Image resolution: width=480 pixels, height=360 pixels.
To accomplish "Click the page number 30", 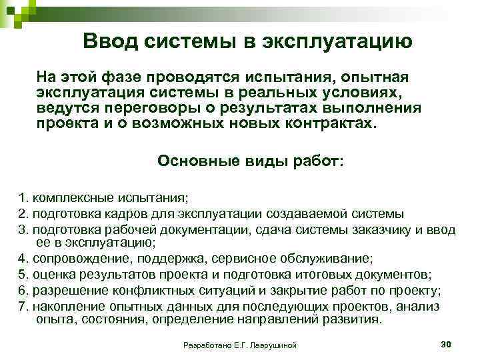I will click(447, 343).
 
